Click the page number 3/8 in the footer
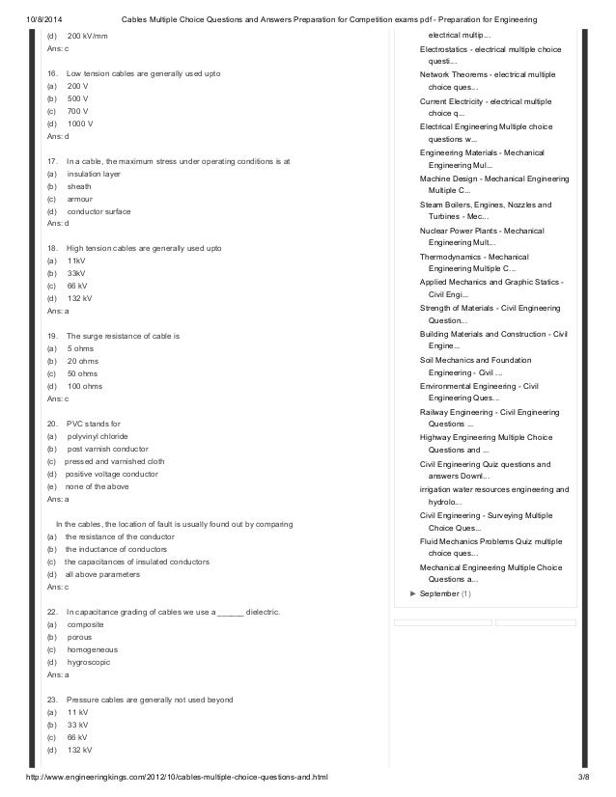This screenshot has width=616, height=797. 582,777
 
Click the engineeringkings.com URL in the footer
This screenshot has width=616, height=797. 178,777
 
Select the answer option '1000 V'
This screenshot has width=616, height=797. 81,124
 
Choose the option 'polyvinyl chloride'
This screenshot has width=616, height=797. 97,436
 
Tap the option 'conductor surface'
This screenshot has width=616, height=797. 98,211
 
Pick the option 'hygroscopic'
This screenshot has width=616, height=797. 89,663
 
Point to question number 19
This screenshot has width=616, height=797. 52,336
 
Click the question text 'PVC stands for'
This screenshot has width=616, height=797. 95,424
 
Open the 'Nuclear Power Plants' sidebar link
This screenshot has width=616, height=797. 482,231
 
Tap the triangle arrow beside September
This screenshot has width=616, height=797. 413,593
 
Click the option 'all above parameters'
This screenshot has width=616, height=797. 103,574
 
